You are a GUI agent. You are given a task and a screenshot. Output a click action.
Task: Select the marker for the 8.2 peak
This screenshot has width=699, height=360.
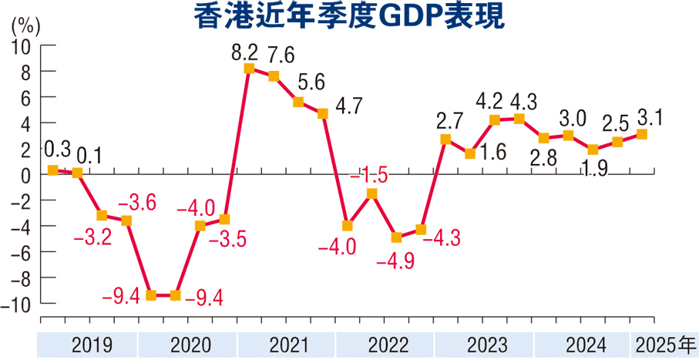click(x=249, y=69)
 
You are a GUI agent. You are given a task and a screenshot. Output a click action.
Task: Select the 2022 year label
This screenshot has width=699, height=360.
click(x=385, y=345)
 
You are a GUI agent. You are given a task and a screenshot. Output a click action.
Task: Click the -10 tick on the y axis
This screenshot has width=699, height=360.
click(x=18, y=304)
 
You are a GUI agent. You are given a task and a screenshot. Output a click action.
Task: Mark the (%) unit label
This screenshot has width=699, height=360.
click(x=25, y=25)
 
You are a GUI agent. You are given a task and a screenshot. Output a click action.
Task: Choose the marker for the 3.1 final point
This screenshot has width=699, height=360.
click(x=641, y=135)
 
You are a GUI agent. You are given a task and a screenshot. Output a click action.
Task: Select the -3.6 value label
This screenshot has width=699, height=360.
click(x=137, y=204)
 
